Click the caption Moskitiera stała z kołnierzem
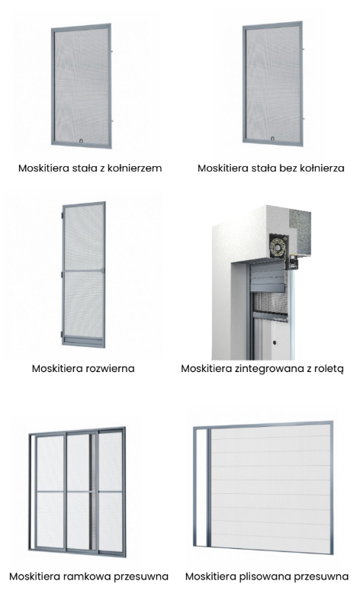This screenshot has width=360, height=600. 90,168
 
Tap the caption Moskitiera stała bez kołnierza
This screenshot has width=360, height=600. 271,168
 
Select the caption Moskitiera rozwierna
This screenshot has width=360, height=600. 83,368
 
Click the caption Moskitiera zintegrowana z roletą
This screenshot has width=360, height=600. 262,369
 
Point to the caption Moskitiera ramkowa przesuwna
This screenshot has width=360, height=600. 88,576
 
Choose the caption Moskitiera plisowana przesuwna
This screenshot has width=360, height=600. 267,576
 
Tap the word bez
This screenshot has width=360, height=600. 288,168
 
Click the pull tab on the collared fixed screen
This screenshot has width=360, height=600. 81,140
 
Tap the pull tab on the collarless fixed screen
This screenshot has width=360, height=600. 272,139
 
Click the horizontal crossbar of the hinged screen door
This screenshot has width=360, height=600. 83,271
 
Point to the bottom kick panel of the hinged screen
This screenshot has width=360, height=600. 84,341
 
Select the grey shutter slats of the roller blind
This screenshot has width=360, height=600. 267,277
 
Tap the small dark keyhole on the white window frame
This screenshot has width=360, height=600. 275,342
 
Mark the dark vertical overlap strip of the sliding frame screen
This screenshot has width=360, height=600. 92,491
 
